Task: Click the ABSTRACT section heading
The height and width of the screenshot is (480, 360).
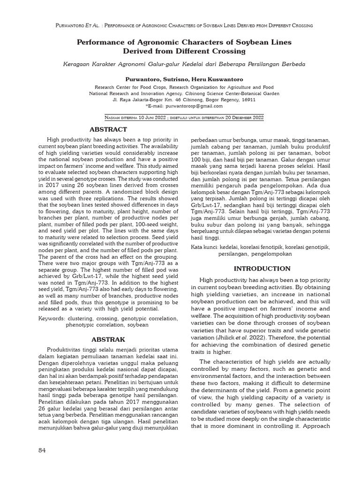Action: click(x=108, y=129)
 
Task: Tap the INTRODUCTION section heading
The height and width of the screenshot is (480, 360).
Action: click(x=262, y=269)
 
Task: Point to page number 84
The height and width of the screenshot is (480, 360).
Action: click(x=42, y=450)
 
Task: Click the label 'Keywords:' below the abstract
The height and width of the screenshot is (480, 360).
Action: click(x=51, y=318)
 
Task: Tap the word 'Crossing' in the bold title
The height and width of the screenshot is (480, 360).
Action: click(x=229, y=51)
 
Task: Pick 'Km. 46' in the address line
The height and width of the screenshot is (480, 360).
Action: click(x=170, y=99)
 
